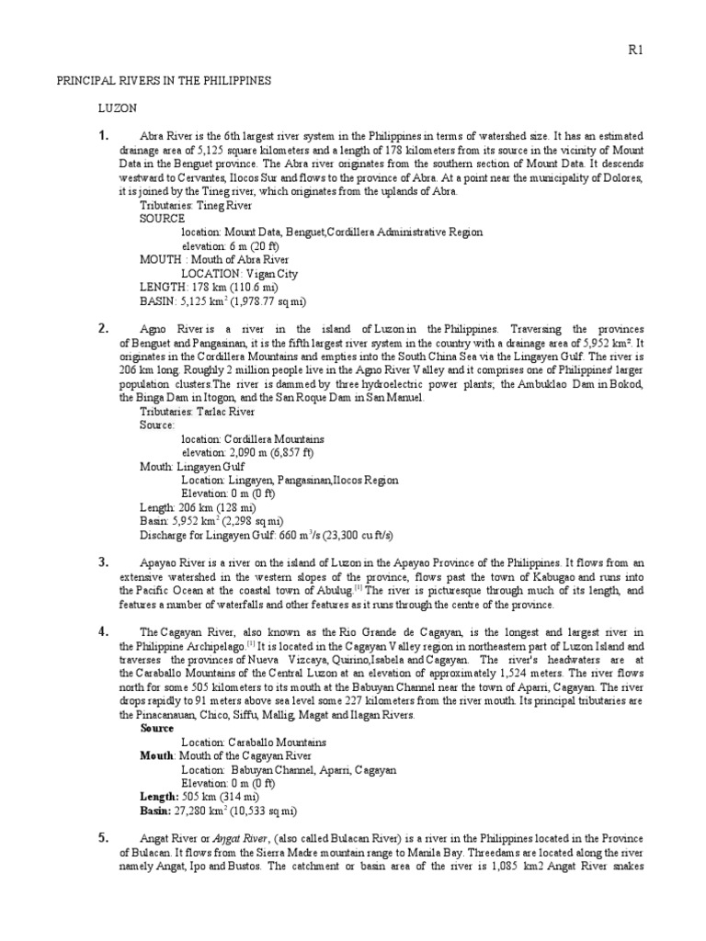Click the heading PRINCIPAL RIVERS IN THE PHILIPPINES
tap(158, 81)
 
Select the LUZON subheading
tap(117, 108)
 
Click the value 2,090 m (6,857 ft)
tap(274, 452)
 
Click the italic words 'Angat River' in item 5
tap(242, 838)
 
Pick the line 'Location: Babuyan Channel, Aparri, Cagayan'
tap(289, 770)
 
